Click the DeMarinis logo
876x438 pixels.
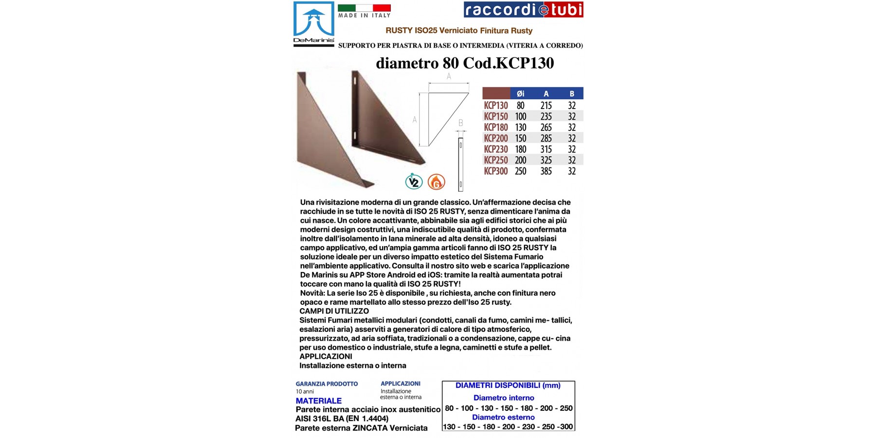click(x=314, y=24)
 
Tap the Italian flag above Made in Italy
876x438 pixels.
click(x=364, y=8)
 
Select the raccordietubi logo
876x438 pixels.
click(x=523, y=10)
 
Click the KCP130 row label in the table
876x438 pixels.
click(x=496, y=106)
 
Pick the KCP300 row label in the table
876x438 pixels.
click(x=496, y=171)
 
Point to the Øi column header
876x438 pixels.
click(x=520, y=93)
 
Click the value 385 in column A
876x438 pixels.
click(x=546, y=171)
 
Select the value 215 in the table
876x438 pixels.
click(x=546, y=106)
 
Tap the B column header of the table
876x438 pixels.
click(x=572, y=93)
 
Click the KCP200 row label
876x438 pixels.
click(x=496, y=138)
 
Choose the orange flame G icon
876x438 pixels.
click(x=436, y=182)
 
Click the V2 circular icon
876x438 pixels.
click(x=414, y=182)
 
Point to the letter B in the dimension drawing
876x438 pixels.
click(x=460, y=123)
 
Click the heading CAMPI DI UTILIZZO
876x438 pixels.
click(x=334, y=311)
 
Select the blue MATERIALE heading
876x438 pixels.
click(x=319, y=401)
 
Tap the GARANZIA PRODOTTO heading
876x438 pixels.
click(x=327, y=384)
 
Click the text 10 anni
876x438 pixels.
click(x=305, y=392)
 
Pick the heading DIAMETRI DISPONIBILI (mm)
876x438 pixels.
click(x=508, y=385)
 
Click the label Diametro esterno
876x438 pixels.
click(x=503, y=418)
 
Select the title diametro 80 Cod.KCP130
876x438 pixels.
click(x=465, y=63)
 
